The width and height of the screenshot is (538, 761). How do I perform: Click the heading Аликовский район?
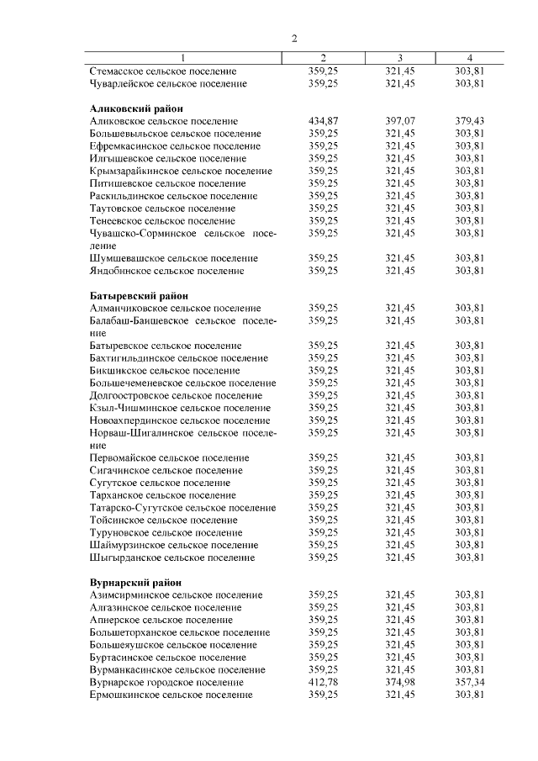point(136,108)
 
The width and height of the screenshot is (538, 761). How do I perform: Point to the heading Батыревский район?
point(139,295)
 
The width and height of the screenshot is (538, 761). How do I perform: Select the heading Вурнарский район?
point(136,582)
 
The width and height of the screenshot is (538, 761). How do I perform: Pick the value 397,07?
point(400,121)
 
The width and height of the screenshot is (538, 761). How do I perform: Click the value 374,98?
point(400,682)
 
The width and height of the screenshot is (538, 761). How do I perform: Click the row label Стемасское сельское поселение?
point(163,71)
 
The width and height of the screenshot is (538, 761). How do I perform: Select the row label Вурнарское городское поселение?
point(166,682)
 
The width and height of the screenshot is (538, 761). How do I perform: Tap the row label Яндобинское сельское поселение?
point(166,271)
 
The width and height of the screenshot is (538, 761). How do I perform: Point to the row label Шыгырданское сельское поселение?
point(171,557)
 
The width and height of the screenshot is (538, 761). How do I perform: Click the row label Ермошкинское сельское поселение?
point(171,695)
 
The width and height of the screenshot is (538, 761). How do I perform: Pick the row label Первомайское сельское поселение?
point(169,457)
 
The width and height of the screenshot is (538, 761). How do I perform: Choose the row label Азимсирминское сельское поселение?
point(176,595)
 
